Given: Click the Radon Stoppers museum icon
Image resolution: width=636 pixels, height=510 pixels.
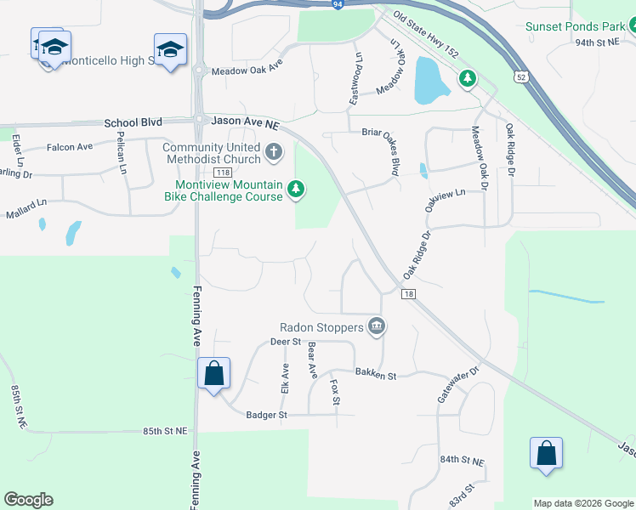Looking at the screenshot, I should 377,326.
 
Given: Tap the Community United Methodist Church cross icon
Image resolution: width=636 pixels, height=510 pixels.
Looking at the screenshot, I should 273,153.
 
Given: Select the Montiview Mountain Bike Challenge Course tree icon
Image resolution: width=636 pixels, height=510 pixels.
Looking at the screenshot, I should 295,188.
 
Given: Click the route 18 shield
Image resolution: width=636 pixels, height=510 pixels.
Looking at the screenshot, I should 409,294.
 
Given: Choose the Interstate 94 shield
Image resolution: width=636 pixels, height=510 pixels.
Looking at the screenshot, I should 338,3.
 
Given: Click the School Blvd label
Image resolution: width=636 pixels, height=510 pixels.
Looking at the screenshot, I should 133,123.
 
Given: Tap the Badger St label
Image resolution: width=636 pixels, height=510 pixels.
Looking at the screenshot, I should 267,415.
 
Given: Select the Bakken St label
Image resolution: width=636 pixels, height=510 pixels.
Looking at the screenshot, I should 376,374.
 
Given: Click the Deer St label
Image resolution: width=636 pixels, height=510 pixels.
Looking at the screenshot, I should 286,342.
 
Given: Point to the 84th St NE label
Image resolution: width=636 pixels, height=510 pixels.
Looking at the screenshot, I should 462,460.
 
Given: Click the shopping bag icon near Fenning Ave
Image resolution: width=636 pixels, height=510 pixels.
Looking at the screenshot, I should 213,372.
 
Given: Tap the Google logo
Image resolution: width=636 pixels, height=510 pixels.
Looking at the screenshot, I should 28,500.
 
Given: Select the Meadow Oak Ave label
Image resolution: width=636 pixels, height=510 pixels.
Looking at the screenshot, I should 247,71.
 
